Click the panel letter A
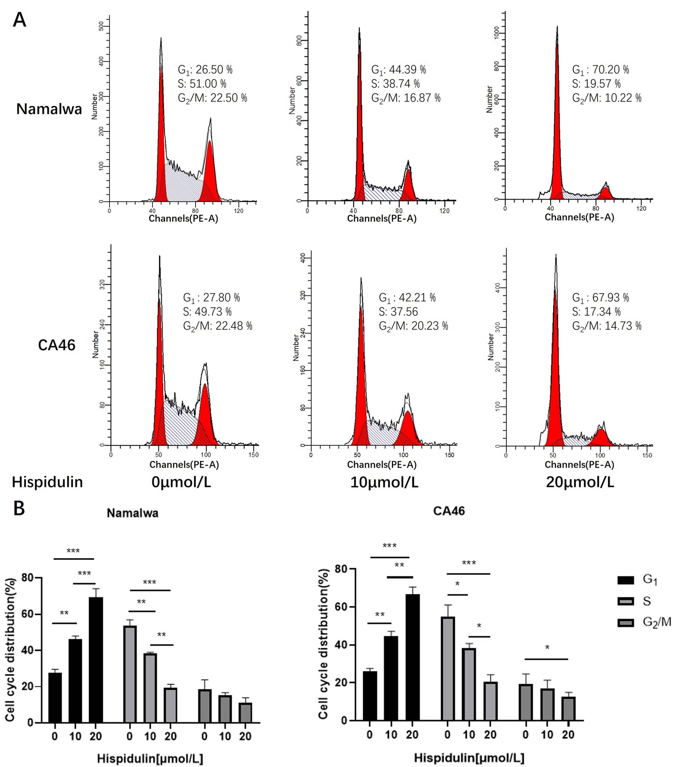(x=19, y=20)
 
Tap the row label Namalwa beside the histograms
(x=49, y=109)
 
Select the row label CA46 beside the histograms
(x=56, y=345)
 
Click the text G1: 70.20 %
(x=600, y=70)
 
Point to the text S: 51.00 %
(x=202, y=84)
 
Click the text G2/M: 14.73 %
(x=606, y=326)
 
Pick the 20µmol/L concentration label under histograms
(x=580, y=482)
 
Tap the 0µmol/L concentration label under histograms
(x=181, y=482)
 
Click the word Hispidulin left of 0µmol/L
(x=47, y=482)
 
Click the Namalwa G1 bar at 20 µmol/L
(x=96, y=660)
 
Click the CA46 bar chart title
(x=449, y=511)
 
